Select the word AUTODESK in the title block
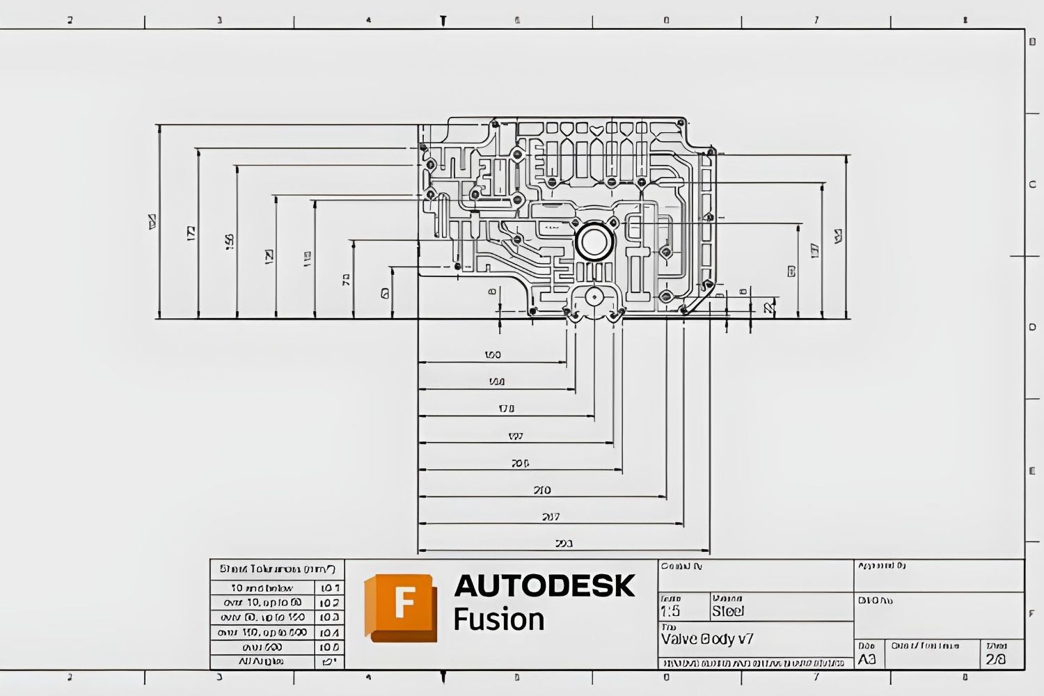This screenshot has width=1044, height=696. tap(544, 586)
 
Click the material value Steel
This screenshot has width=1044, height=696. tap(728, 612)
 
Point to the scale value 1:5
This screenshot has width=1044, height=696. tap(670, 612)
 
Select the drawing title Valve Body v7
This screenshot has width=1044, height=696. tap(707, 639)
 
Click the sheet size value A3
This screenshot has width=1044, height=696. tap(867, 660)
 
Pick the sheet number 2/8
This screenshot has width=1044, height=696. tap(995, 660)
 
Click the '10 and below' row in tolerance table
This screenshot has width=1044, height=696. tap(262, 588)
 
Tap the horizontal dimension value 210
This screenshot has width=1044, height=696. tap(541, 490)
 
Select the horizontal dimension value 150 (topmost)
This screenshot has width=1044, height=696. tap(492, 355)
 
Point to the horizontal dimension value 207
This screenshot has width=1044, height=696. tap(550, 517)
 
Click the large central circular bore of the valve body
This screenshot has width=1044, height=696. tap(593, 242)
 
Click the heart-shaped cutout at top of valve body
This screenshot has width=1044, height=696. tap(596, 129)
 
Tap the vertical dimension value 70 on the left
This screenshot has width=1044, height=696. tap(346, 279)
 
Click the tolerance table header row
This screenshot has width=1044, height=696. tap(277, 569)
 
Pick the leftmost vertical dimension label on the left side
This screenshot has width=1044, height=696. tap(152, 221)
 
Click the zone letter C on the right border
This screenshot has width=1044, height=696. tap(1032, 184)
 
